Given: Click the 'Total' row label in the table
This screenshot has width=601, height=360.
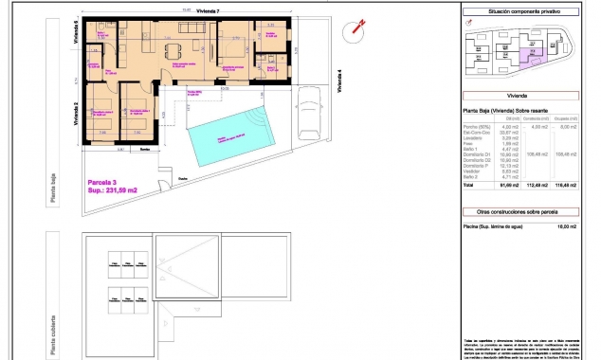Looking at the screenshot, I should (x=468, y=186).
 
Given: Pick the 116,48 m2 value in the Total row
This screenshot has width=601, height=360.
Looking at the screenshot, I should (x=572, y=186).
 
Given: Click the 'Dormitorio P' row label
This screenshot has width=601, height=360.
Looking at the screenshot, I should (x=479, y=166).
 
